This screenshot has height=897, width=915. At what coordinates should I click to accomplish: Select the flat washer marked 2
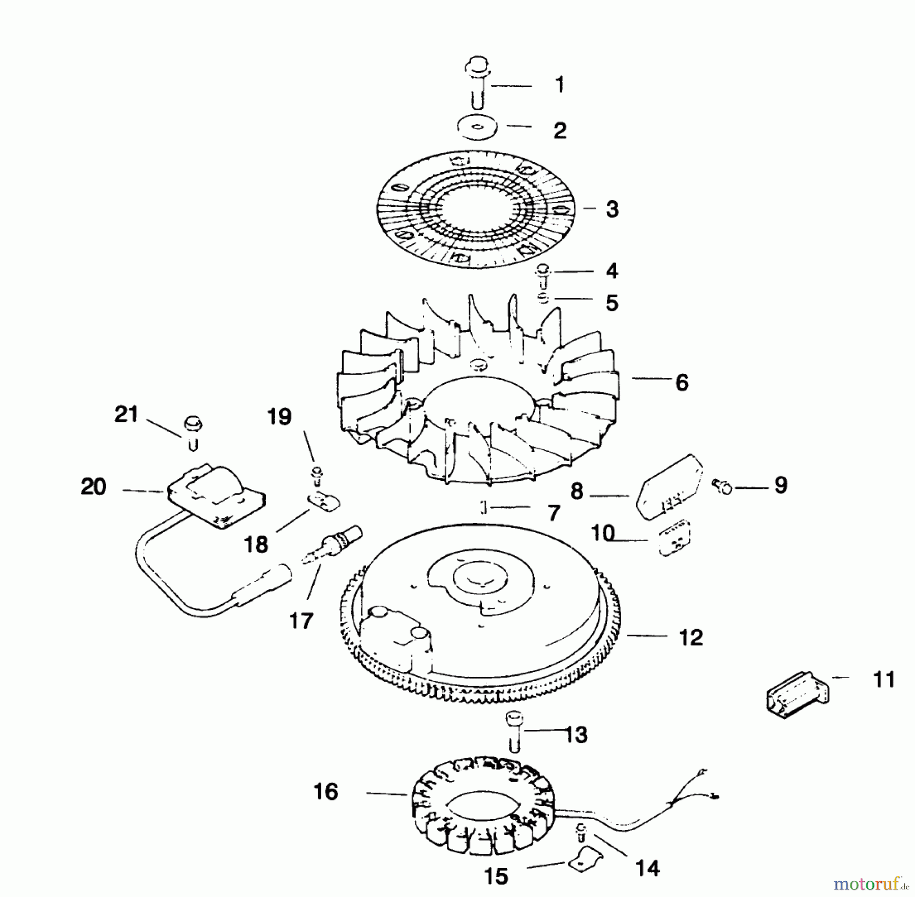477,127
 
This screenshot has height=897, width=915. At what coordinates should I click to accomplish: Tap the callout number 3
612,209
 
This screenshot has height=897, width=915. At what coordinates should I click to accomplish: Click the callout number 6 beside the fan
682,383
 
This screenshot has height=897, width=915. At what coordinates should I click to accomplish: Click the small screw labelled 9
722,487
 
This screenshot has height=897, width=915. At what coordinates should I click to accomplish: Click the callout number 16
326,791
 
